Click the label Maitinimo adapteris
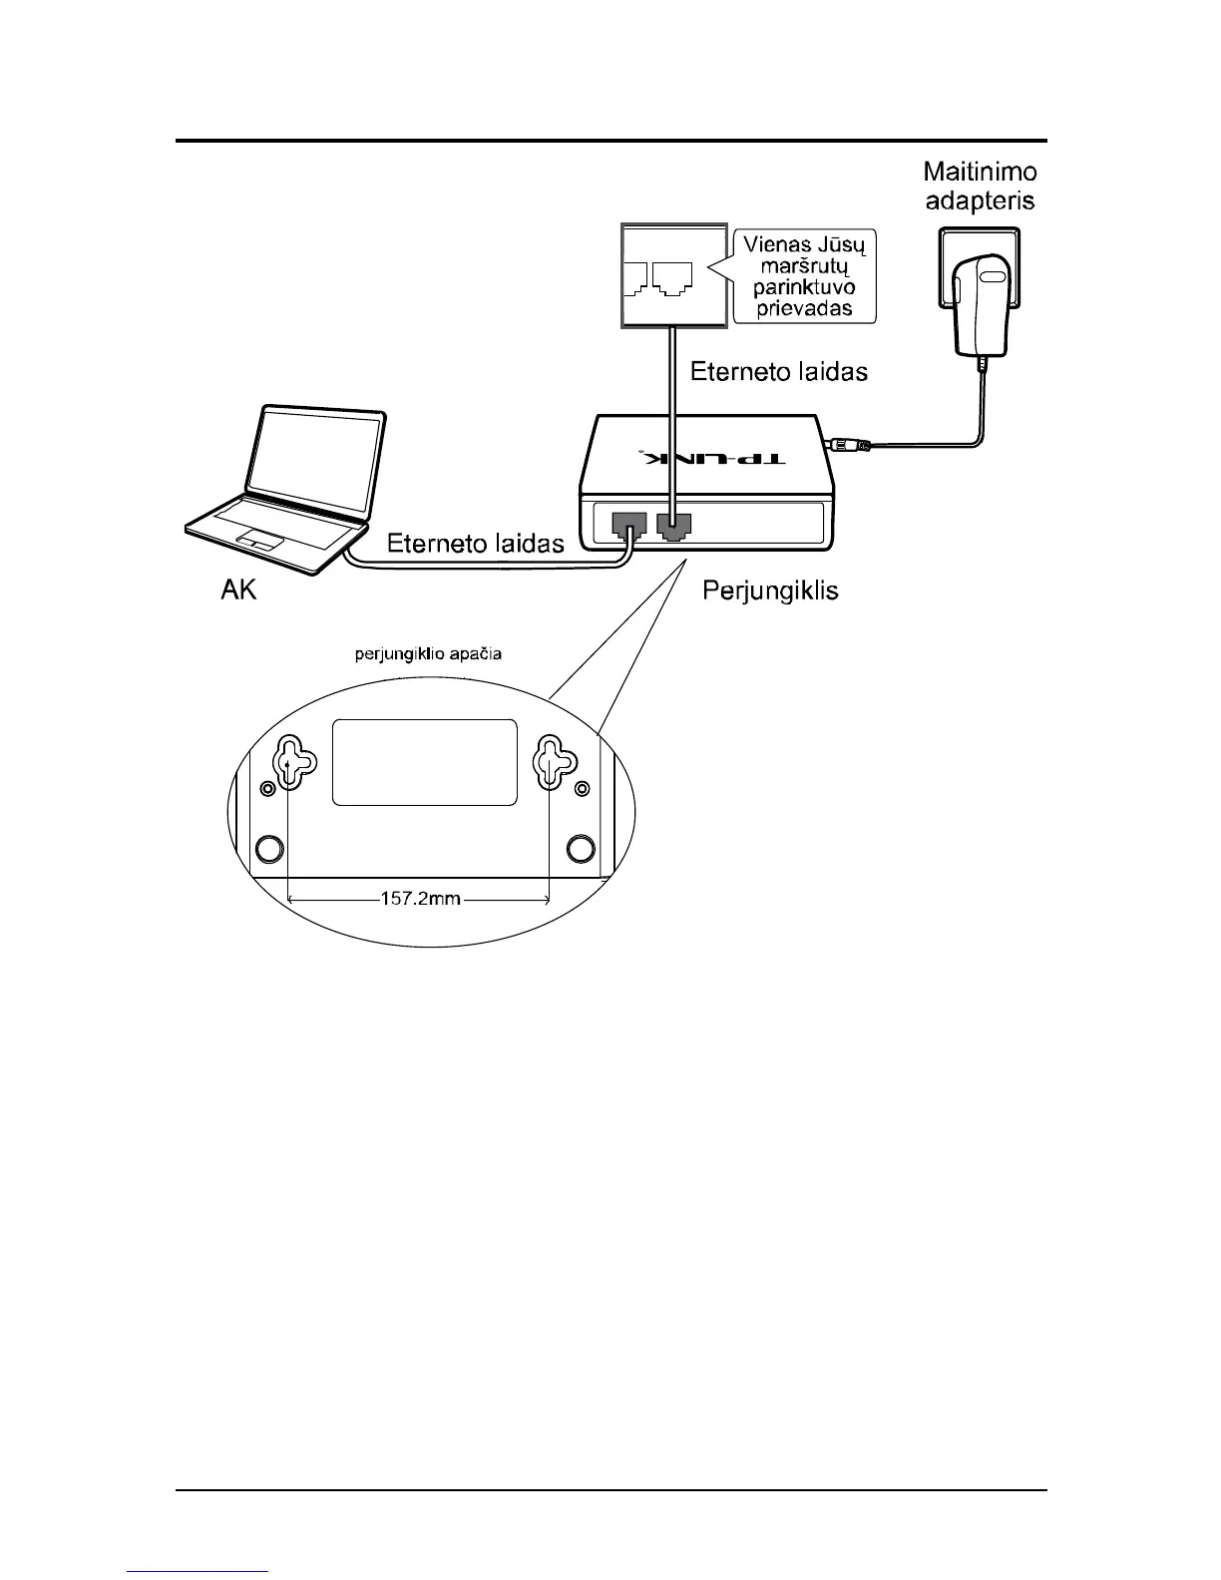(x=980, y=187)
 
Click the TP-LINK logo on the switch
(x=713, y=460)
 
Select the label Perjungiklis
(x=770, y=591)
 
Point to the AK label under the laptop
(x=238, y=591)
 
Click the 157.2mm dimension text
(x=419, y=899)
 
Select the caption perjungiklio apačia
(x=429, y=655)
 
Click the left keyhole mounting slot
(x=288, y=764)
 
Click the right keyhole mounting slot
(x=550, y=764)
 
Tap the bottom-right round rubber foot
(x=580, y=848)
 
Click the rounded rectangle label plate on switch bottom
(x=425, y=762)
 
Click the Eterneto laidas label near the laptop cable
(x=475, y=544)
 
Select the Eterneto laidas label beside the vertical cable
(x=779, y=372)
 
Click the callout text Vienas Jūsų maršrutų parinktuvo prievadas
(x=804, y=276)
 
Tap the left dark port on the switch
(x=628, y=524)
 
